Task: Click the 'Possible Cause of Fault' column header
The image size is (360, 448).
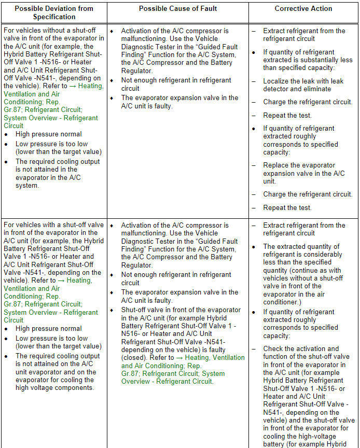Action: click(178, 8)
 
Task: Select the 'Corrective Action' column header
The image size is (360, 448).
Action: click(304, 8)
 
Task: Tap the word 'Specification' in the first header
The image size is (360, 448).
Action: click(54, 17)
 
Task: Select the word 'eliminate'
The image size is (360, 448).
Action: click(313, 89)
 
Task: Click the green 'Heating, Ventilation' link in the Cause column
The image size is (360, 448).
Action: click(214, 358)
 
